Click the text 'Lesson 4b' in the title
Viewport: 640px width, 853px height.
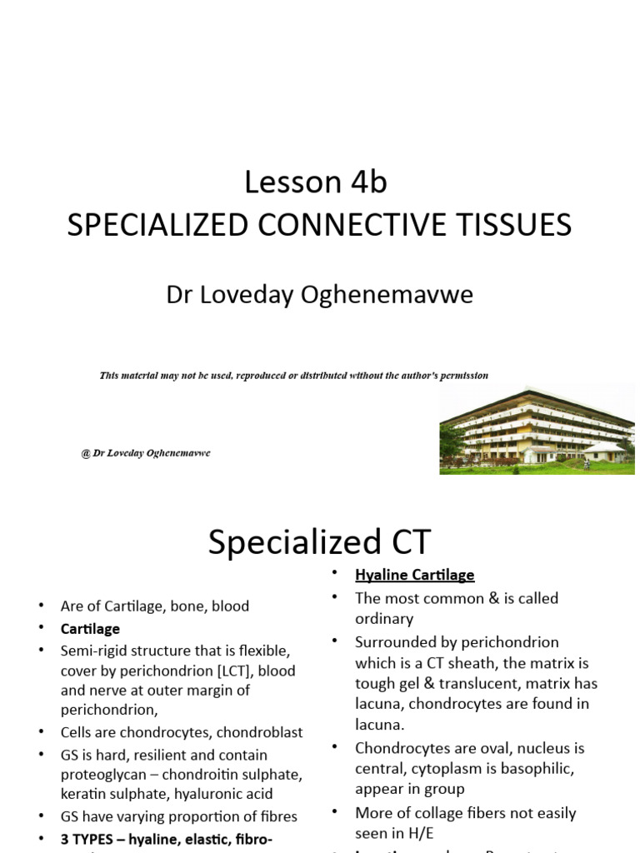tap(316, 182)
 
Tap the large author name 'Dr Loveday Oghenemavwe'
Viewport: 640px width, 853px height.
tap(320, 295)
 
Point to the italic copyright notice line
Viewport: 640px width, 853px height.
tap(293, 376)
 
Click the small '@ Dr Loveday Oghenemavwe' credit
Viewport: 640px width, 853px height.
tap(146, 452)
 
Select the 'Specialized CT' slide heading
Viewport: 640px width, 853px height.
tap(319, 543)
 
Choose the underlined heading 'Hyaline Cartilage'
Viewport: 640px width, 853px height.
tap(414, 575)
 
